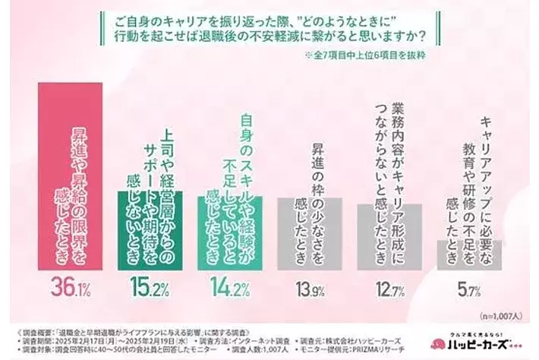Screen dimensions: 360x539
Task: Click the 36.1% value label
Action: click(x=70, y=289)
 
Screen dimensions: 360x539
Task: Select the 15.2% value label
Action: click(x=150, y=289)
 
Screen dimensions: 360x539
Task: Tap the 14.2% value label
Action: click(x=229, y=289)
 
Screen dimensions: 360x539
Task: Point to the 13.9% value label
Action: click(x=309, y=289)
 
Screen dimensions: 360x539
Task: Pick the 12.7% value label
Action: click(x=389, y=289)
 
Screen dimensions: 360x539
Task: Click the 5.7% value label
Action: click(x=468, y=289)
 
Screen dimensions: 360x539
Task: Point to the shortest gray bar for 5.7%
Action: click(x=468, y=255)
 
